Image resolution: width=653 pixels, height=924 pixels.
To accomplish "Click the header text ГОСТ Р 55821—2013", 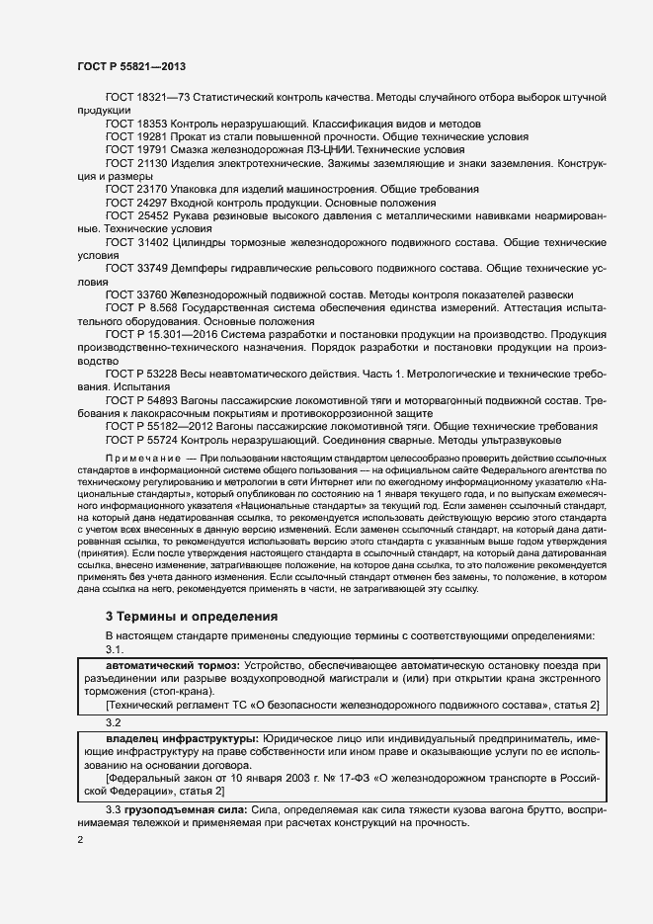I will click(x=131, y=65).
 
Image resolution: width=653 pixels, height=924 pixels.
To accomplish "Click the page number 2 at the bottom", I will click(x=80, y=841).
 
